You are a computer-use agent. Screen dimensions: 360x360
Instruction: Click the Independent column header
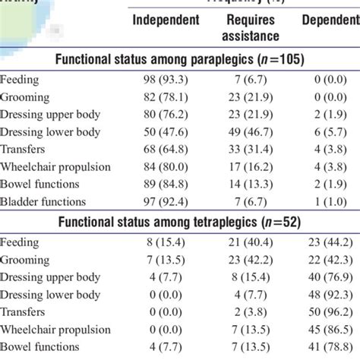pos(166,20)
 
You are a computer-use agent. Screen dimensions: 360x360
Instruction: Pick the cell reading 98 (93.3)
pos(166,80)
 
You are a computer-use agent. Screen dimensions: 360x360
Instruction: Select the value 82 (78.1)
pos(166,97)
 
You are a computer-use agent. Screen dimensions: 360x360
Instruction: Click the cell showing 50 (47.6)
pos(166,131)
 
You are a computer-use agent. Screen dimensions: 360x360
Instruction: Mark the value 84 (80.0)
pos(166,166)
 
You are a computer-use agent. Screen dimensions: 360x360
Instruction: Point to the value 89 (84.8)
pos(166,184)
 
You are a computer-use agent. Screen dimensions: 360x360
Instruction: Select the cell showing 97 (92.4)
pos(166,201)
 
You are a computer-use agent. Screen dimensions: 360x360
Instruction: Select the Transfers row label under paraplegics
pos(24,149)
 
